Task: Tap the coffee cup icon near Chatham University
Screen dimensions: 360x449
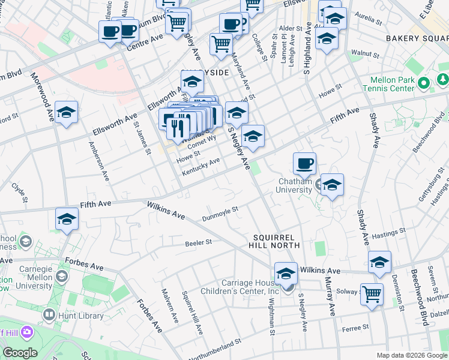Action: (x=305, y=163)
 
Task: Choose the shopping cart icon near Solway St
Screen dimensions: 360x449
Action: (x=372, y=295)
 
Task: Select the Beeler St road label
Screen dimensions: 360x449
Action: (x=198, y=243)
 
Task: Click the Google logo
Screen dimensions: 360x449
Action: (x=20, y=353)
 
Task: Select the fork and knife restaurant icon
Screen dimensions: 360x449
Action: (x=178, y=127)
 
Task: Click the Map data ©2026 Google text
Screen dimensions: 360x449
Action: (x=411, y=355)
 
